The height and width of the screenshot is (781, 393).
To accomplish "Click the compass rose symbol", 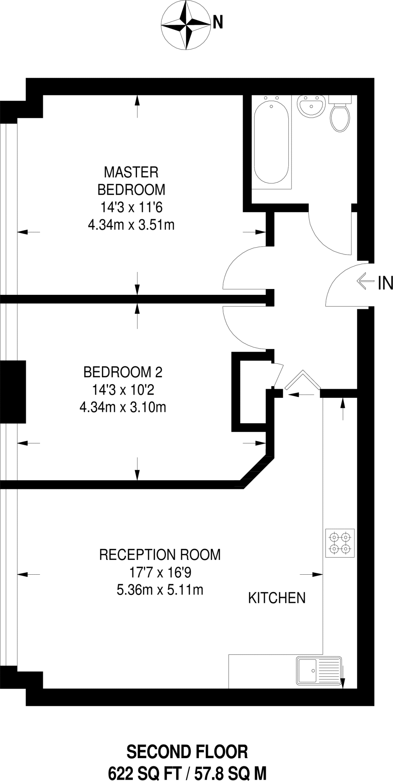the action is tap(186, 25).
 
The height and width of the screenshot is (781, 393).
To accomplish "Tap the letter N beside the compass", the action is tap(217, 22).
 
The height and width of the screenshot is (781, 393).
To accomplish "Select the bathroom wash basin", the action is tap(312, 106).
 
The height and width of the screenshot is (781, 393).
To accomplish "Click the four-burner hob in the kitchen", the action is tap(340, 543).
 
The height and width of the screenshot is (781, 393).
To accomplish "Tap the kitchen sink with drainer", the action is tap(319, 670).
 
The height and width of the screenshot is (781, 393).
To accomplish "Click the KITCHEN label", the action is tap(277, 598).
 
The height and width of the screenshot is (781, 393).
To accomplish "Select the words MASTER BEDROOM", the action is tap(131, 181).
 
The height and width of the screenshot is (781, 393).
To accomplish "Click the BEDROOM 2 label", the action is tap(123, 372).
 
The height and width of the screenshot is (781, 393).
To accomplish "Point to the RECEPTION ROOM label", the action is tap(160, 554).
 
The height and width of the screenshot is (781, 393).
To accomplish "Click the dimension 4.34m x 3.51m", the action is tap(131, 225).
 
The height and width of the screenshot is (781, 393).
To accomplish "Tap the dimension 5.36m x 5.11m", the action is tap(160, 590).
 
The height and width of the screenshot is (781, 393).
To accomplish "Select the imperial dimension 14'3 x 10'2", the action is tap(123, 390).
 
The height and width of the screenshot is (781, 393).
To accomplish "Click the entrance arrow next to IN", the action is tap(365, 281).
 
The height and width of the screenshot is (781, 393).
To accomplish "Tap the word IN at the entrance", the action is tap(385, 283).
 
